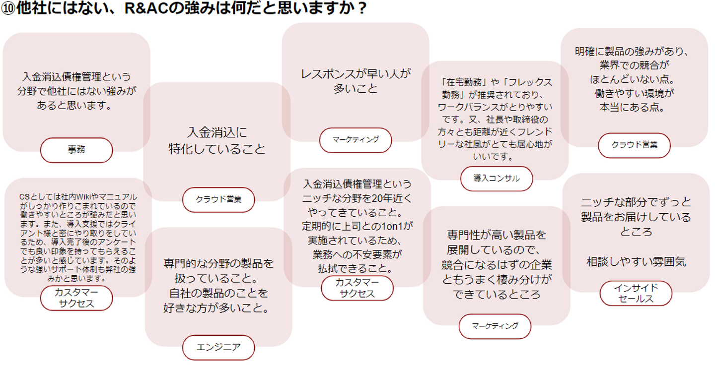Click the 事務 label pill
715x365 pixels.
76,150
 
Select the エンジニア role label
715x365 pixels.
218,347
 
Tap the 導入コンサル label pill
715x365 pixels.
497,179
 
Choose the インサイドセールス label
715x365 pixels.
636,293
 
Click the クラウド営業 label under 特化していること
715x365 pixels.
218,200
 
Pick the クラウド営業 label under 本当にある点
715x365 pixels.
634,145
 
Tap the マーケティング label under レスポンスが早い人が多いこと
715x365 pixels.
356,140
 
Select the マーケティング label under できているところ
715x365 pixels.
495,326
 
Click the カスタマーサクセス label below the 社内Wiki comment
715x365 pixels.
76,298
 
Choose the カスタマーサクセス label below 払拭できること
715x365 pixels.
357,288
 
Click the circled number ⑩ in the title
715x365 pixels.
8,9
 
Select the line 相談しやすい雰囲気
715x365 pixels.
636,262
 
